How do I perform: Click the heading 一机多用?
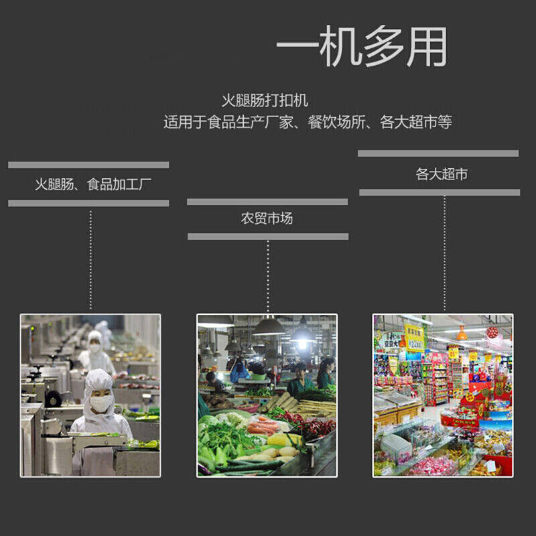361,48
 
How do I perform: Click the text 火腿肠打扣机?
265,101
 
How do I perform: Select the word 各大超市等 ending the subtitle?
415,123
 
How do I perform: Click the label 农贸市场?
267,218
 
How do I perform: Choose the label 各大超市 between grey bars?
442,175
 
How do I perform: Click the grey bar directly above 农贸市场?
267,202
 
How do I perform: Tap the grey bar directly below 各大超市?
440,192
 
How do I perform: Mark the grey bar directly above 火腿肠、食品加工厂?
88,165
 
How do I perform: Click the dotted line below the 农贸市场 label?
268,275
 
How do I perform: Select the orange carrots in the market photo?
262,426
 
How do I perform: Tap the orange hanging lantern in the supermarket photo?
462,333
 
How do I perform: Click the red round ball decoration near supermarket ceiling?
492,332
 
